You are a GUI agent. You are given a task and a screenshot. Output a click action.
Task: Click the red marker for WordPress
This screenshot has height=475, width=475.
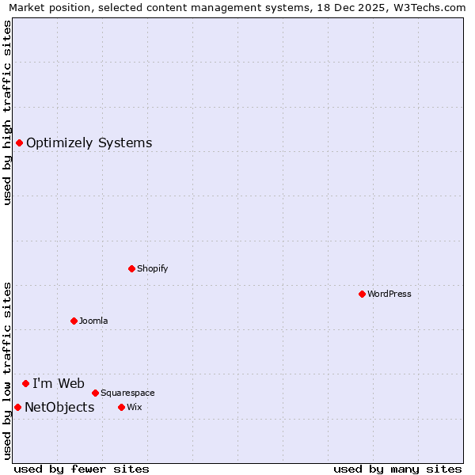click(362, 294)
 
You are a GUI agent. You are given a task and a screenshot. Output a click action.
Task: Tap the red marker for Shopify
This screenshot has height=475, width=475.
click(131, 268)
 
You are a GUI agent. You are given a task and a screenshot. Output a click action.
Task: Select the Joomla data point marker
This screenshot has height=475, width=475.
click(74, 321)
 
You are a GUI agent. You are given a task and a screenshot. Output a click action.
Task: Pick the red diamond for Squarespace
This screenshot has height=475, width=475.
click(95, 393)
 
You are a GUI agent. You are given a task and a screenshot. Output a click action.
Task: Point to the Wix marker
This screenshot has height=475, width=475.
click(121, 407)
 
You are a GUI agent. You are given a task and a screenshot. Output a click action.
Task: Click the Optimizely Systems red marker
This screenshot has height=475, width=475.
click(19, 142)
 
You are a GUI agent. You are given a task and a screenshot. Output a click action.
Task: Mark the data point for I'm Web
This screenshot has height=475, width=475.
click(25, 383)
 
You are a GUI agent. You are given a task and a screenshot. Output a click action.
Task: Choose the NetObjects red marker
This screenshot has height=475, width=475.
click(17, 407)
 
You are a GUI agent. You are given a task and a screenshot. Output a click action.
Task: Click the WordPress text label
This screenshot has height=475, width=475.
click(389, 294)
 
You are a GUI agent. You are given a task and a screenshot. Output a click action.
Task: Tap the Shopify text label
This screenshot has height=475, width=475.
click(153, 268)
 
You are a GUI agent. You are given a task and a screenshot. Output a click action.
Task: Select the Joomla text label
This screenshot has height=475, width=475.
click(93, 321)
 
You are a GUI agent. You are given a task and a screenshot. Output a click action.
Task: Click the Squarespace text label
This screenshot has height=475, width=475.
click(127, 393)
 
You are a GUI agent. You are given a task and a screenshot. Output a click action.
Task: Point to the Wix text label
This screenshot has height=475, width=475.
click(134, 407)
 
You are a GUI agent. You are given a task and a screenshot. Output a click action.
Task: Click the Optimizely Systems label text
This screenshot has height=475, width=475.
click(89, 143)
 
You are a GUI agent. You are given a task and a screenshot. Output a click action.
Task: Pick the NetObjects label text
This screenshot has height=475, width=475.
click(59, 408)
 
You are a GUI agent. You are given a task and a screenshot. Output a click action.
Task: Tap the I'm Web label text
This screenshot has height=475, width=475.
click(59, 384)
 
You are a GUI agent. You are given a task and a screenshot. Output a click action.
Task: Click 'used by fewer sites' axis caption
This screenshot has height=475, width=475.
click(82, 469)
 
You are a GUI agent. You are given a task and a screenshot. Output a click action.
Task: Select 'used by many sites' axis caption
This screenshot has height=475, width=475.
click(397, 469)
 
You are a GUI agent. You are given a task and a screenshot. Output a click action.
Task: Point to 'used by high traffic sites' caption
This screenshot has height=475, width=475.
click(8, 112)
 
